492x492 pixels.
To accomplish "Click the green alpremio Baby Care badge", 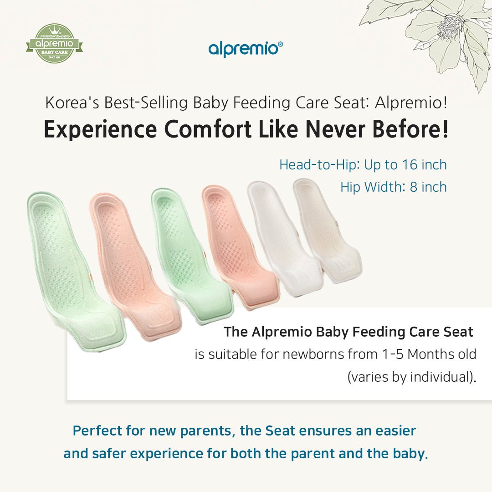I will coord(54,44).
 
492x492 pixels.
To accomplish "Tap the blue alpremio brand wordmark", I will coord(245,48).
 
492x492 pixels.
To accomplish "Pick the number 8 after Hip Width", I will coord(413,187).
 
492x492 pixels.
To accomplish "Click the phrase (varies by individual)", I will coord(411,377).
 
